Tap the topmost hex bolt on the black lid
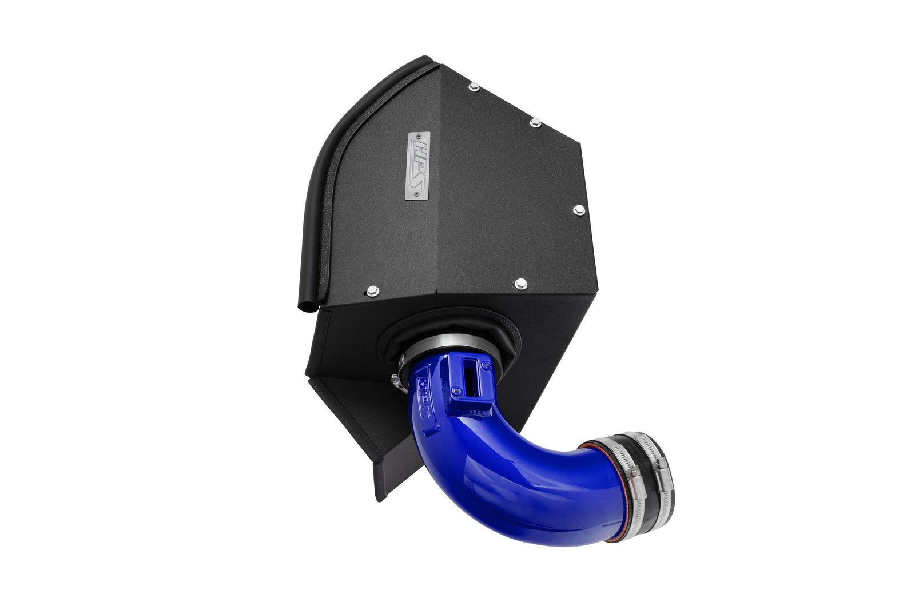point(473,87)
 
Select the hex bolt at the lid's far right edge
point(576,210)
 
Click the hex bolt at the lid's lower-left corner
point(373,290)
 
